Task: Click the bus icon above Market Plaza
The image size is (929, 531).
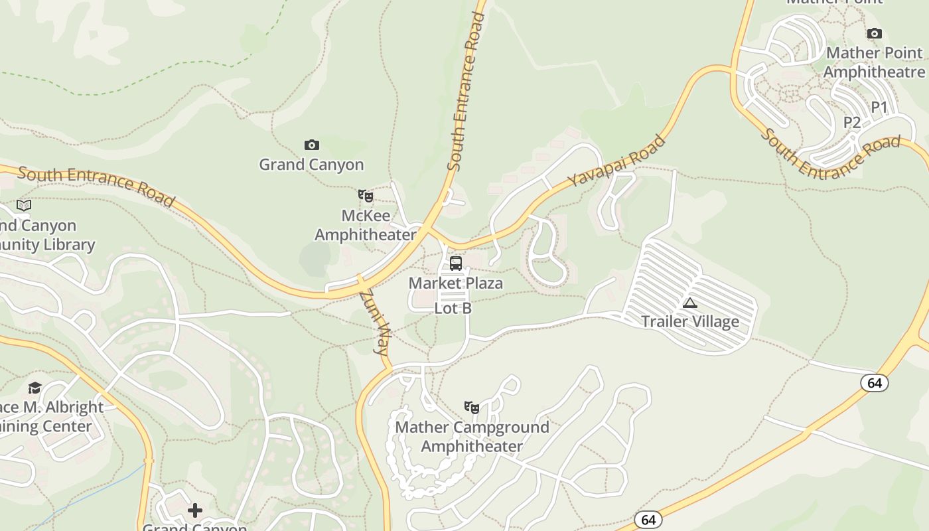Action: pyautogui.click(x=456, y=264)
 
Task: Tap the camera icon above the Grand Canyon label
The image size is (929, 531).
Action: pyautogui.click(x=311, y=145)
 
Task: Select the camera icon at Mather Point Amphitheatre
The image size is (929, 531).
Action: pyautogui.click(x=874, y=33)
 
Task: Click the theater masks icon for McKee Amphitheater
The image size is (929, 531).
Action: pyautogui.click(x=365, y=196)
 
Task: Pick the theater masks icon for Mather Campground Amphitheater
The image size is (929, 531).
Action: pyautogui.click(x=472, y=407)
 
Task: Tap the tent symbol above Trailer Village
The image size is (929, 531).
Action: pyautogui.click(x=690, y=303)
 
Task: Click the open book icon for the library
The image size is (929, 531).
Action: pyautogui.click(x=24, y=206)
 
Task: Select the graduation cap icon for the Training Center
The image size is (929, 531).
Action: pyautogui.click(x=35, y=388)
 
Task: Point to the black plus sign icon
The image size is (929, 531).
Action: pyautogui.click(x=194, y=510)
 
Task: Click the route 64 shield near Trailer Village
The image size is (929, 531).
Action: pyautogui.click(x=875, y=382)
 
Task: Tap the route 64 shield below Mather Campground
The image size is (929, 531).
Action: pyautogui.click(x=648, y=519)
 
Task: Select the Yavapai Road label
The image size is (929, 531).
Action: pyautogui.click(x=615, y=161)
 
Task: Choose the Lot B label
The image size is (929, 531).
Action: pyautogui.click(x=453, y=308)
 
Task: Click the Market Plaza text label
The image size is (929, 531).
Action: pyautogui.click(x=455, y=283)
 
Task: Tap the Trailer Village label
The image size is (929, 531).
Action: pyautogui.click(x=690, y=322)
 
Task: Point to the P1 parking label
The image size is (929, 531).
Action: pyautogui.click(x=879, y=107)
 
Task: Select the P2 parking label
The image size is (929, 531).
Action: pyautogui.click(x=852, y=123)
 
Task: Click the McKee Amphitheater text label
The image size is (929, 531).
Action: pyautogui.click(x=365, y=225)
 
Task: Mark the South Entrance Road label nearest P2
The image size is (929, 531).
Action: pyautogui.click(x=829, y=156)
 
